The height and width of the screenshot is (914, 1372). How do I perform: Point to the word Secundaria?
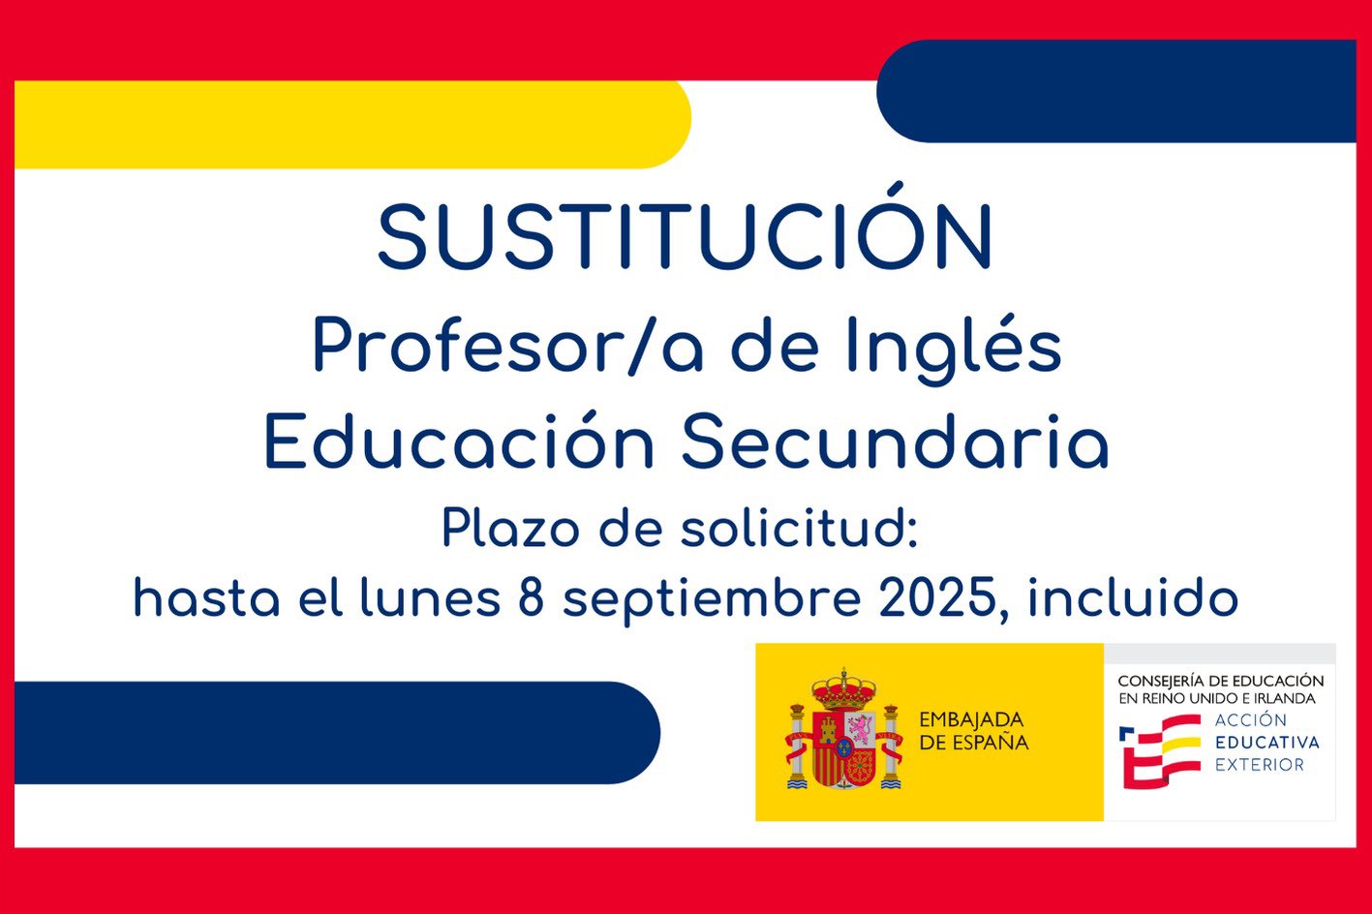pos(895,442)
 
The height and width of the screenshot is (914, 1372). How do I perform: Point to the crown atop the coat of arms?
pos(844,689)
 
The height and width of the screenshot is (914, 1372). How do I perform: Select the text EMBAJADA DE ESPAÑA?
pos(974,731)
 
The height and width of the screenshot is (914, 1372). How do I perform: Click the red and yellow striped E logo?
pos(1158,750)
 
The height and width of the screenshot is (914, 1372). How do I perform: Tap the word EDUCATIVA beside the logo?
pos(1266,743)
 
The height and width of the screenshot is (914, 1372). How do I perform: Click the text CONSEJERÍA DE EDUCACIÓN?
pos(1221,681)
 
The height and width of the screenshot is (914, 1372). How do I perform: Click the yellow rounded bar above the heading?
pos(352,124)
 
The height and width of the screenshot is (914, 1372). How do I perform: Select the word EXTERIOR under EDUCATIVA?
pos(1260,765)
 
